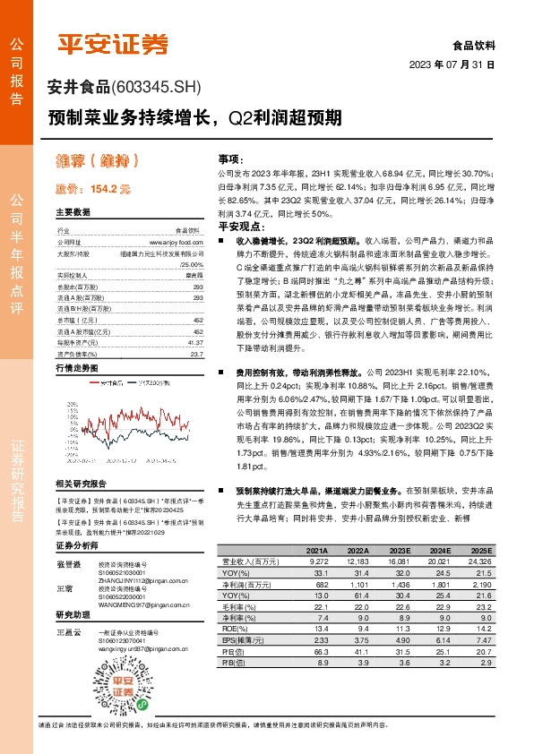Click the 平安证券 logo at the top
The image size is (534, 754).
(x=113, y=42)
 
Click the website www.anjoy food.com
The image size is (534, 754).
(x=177, y=242)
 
